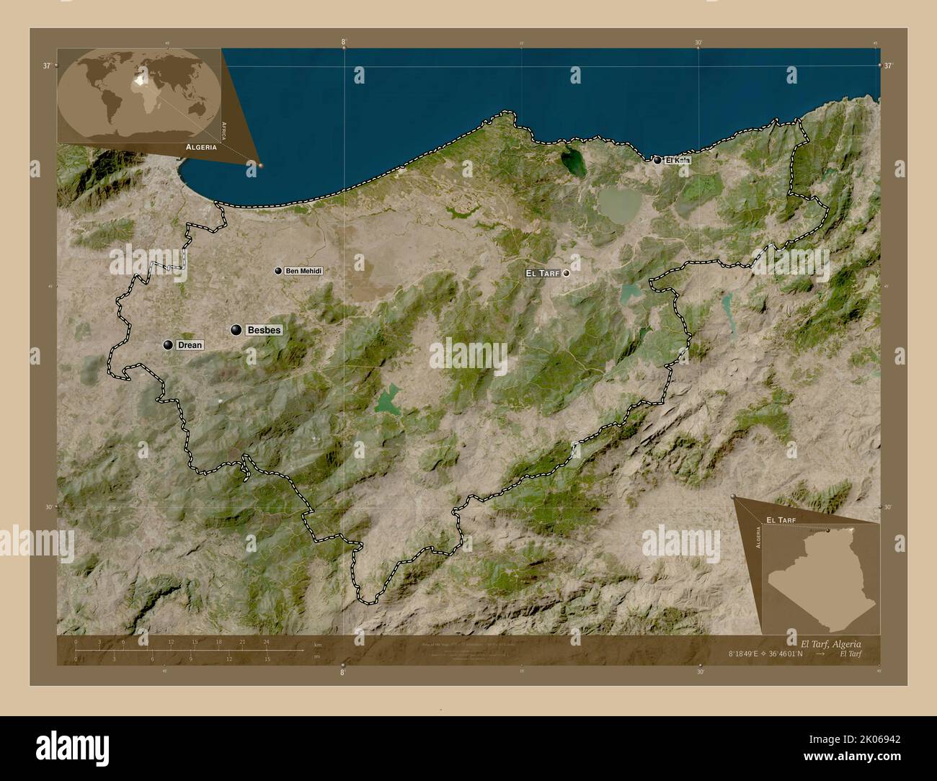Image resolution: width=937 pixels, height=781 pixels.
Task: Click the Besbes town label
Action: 263,330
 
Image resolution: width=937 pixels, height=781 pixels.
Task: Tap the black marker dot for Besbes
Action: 236,330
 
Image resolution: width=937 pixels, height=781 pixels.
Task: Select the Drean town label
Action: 190,345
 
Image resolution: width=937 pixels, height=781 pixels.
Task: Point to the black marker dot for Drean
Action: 168,345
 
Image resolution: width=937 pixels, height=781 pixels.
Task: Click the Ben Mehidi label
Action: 303,271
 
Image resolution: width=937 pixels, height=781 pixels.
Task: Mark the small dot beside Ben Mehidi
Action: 277,271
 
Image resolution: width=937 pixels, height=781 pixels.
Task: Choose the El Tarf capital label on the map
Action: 543,273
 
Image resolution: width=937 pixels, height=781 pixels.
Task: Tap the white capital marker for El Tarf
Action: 567,273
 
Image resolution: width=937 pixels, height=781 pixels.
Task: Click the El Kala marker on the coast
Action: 657,160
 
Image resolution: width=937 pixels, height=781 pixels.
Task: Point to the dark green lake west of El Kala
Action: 574,162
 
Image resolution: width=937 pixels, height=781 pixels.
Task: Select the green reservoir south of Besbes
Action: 387,399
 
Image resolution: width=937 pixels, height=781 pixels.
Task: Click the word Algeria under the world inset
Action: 201,146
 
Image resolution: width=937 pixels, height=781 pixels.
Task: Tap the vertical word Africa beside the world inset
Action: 225,130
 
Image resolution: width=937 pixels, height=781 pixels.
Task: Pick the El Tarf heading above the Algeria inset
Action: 781,519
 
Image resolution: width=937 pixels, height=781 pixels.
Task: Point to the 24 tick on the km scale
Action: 266,641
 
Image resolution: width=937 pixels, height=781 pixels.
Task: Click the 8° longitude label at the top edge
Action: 344,42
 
